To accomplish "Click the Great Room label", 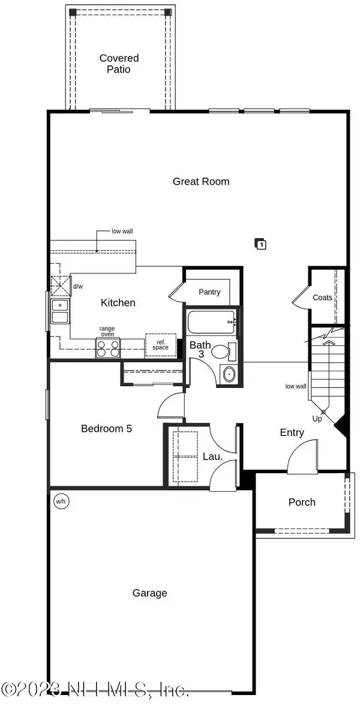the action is point(201,182).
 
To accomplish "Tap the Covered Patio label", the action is point(119,64).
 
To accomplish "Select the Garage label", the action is point(149,593).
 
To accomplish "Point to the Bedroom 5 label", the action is point(106,428).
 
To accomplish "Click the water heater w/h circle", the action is point(61,501).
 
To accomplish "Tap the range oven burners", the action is point(108,348).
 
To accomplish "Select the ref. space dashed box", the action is point(161,345).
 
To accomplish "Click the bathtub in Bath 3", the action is point(212,322).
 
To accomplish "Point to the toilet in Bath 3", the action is point(224,351).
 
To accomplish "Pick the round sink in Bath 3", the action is point(229,374).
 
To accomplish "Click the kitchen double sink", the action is point(60,311).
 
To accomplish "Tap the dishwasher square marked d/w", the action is point(61,286).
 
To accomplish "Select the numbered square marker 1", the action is point(260,244).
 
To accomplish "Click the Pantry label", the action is point(209,292).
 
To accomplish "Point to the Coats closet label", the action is point(322,297).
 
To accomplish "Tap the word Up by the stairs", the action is point(317,419).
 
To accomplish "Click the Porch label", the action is point(302,502).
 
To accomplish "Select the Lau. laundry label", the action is point(212,456).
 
